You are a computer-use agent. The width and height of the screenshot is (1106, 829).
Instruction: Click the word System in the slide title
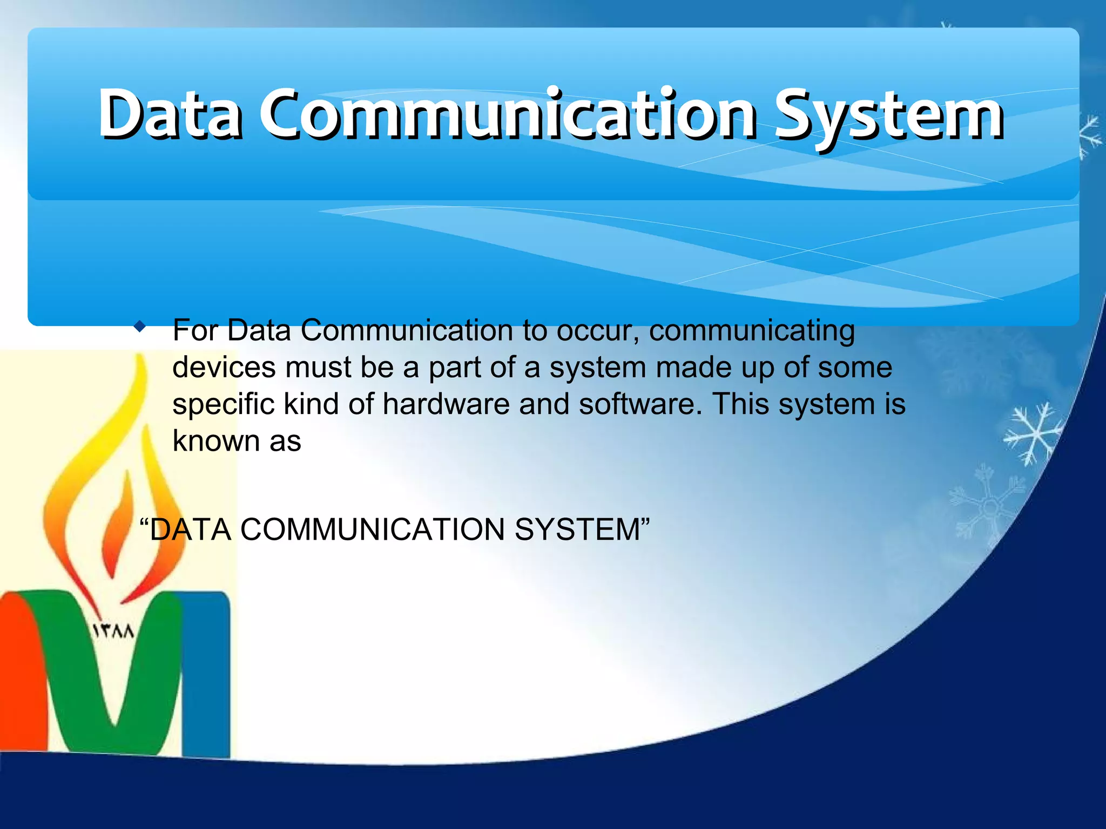click(889, 115)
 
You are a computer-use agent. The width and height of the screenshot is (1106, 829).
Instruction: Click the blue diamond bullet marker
click(140, 327)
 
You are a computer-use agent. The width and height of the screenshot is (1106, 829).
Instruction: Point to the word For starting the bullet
click(195, 330)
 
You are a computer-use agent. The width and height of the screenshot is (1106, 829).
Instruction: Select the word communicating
click(752, 331)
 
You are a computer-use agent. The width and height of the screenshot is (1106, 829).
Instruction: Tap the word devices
click(224, 368)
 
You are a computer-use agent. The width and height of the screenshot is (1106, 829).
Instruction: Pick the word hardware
click(446, 404)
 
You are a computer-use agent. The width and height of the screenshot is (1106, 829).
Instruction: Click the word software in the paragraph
click(640, 404)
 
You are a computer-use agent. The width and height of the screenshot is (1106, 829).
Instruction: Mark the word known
click(216, 441)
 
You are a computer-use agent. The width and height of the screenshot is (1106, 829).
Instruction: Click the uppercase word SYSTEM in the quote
click(577, 529)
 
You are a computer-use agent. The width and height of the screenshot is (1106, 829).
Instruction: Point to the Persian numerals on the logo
click(114, 631)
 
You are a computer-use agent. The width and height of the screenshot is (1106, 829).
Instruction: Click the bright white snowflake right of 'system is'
click(1031, 433)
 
